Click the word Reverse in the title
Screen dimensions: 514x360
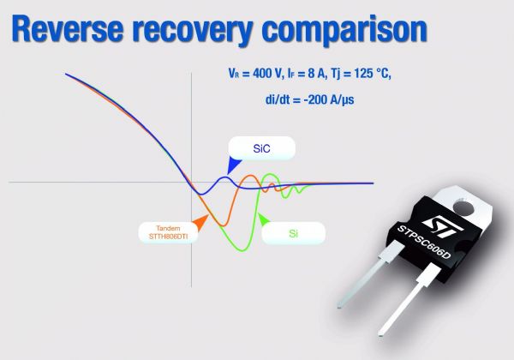68,29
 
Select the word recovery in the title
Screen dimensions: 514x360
193,31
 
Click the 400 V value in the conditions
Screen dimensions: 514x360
266,73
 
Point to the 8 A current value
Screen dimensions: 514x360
316,73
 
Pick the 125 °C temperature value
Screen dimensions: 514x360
372,73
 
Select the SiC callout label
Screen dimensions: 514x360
261,148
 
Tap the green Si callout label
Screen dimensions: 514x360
293,233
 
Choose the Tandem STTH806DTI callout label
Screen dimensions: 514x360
168,232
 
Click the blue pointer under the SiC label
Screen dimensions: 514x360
233,165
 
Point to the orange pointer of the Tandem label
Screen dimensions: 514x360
200,222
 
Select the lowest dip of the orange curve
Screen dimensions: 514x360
223,225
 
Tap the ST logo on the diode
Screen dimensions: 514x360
442,226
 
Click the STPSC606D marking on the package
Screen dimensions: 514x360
424,242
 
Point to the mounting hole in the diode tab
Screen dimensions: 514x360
463,207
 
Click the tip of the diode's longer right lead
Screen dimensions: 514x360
380,333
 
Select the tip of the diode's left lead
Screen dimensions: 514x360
340,305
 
